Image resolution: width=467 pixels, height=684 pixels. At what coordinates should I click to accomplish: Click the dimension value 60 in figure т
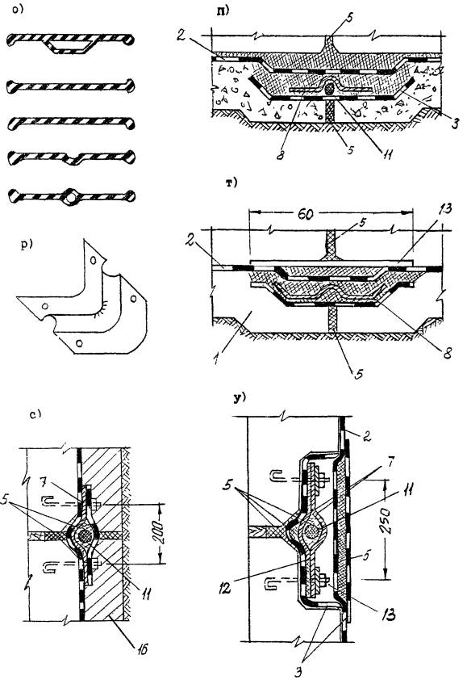pyautogui.click(x=306, y=214)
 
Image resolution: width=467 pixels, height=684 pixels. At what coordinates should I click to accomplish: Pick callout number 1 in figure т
pyautogui.click(x=216, y=360)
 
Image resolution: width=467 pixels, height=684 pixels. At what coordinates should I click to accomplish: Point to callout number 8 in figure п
pyautogui.click(x=280, y=155)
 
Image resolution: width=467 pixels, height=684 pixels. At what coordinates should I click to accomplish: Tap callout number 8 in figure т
pyautogui.click(x=448, y=352)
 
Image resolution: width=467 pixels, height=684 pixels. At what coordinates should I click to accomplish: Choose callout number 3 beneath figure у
pyautogui.click(x=298, y=672)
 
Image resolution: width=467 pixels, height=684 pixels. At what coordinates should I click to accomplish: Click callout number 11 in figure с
pyautogui.click(x=146, y=593)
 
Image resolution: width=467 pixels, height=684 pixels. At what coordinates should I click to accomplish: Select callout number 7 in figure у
pyautogui.click(x=390, y=464)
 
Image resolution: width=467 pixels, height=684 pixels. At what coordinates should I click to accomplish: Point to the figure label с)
pyautogui.click(x=35, y=414)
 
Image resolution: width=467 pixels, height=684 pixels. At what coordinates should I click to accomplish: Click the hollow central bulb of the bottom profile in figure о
pyautogui.click(x=70, y=197)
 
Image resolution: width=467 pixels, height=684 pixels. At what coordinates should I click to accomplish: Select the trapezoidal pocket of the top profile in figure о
pyautogui.click(x=72, y=45)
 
